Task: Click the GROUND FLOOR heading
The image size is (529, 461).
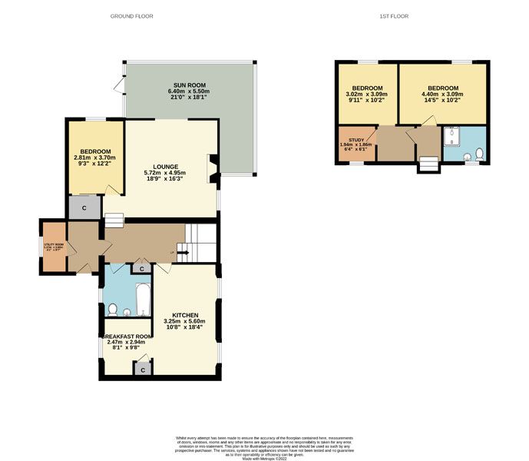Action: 132,15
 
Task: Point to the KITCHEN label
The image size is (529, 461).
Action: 185,316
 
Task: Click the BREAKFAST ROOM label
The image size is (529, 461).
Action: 125,336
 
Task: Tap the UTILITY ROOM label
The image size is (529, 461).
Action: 55,245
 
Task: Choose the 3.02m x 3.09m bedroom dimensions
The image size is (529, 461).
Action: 367,96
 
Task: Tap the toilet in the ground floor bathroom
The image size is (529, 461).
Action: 113,310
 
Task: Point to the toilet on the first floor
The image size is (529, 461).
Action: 478,154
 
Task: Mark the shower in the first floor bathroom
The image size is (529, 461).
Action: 452,138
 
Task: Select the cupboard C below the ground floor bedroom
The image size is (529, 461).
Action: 83,207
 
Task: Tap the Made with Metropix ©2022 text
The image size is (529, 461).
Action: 264,459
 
